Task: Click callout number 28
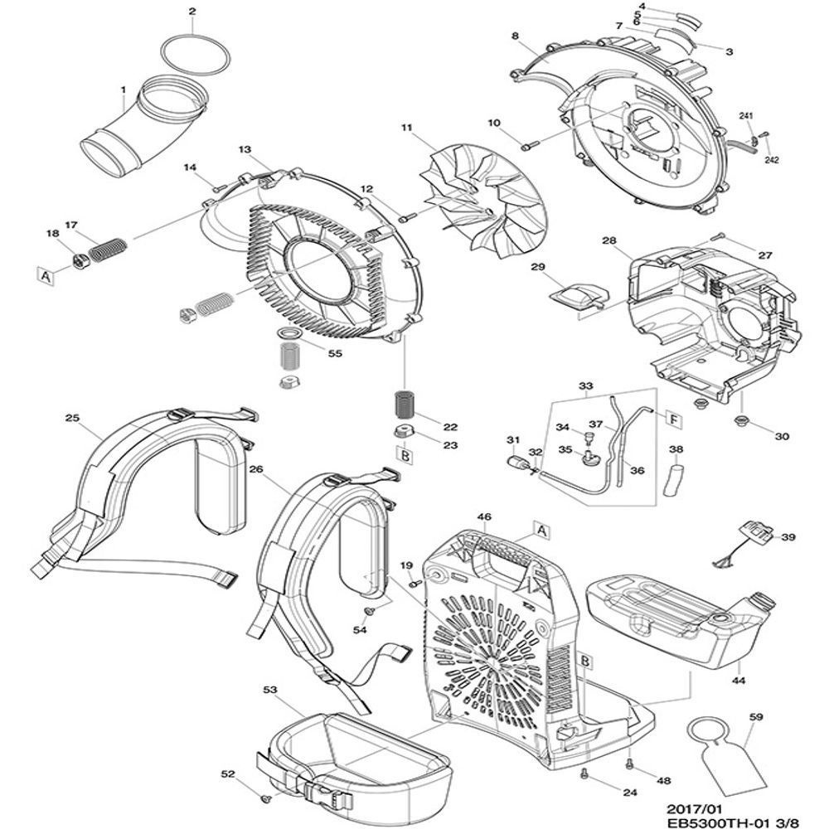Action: coord(609,240)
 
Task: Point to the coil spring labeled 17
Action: coord(107,249)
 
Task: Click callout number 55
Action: coord(335,354)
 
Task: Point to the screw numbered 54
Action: coord(370,611)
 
